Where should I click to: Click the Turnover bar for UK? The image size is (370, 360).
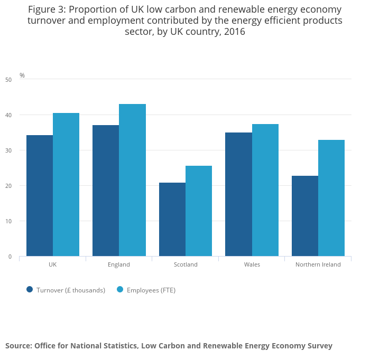pyautogui.click(x=40, y=195)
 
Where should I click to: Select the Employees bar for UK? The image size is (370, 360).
pyautogui.click(x=66, y=184)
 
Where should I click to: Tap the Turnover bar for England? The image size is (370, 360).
pyautogui.click(x=106, y=191)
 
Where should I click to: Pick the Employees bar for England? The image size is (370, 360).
pyautogui.click(x=132, y=180)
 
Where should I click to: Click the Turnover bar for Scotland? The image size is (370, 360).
pyautogui.click(x=172, y=219)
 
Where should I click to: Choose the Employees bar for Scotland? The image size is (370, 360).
pyautogui.click(x=199, y=211)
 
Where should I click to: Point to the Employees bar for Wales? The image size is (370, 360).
pyautogui.click(x=265, y=190)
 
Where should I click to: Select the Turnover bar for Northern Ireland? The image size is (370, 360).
pyautogui.click(x=305, y=216)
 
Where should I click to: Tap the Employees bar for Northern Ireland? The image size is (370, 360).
pyautogui.click(x=331, y=198)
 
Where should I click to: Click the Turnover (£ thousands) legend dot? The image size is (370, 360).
pyautogui.click(x=30, y=289)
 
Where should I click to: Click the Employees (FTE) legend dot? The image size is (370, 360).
pyautogui.click(x=120, y=289)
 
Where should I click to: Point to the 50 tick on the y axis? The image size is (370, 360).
pyautogui.click(x=8, y=80)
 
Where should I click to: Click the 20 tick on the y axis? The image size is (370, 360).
pyautogui.click(x=8, y=186)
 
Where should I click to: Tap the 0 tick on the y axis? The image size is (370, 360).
pyautogui.click(x=10, y=257)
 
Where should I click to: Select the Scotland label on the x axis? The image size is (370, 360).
pyautogui.click(x=186, y=264)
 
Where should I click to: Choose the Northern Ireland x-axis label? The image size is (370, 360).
pyautogui.click(x=318, y=264)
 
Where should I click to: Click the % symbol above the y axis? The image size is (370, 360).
pyautogui.click(x=22, y=75)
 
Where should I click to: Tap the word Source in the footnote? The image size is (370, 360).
pyautogui.click(x=18, y=346)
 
